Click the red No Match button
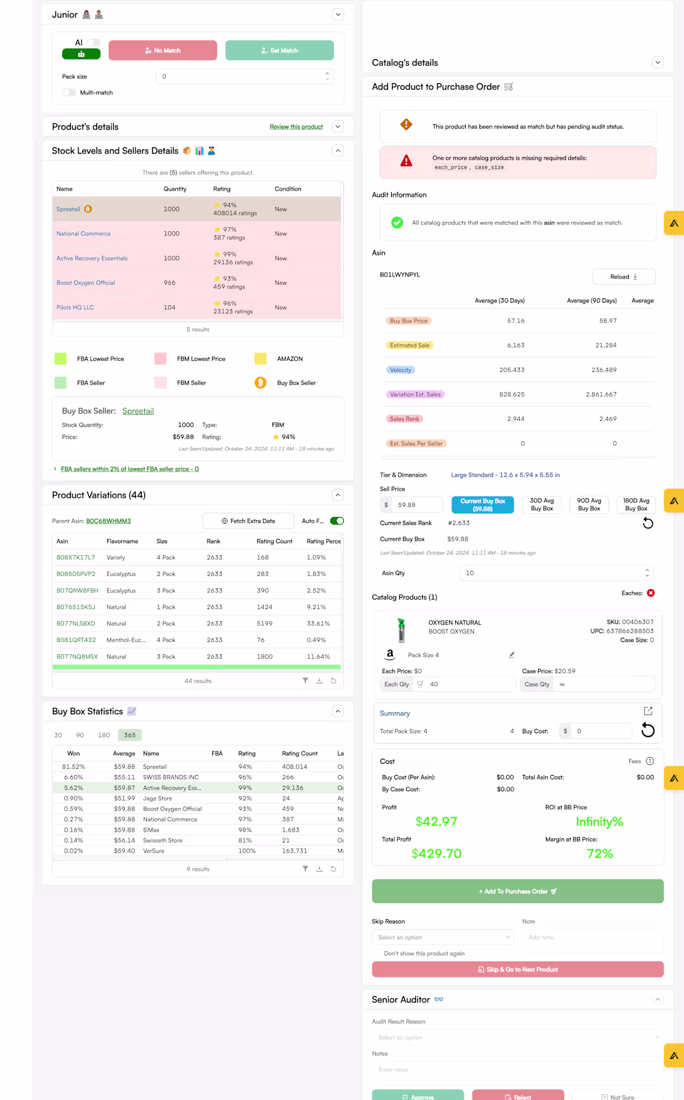[x=162, y=50]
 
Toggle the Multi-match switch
[x=69, y=93]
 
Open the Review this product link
[x=296, y=127]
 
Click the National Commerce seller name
[x=83, y=234]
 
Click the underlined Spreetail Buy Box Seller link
[x=137, y=411]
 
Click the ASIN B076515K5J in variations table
[x=75, y=607]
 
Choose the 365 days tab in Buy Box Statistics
[x=129, y=735]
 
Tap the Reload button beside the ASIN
[x=624, y=277]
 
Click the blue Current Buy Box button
[x=483, y=505]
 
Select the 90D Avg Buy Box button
[x=588, y=505]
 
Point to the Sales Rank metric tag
[x=404, y=419]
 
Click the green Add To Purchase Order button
[x=517, y=891]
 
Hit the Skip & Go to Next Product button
[x=517, y=969]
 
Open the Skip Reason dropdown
[x=443, y=937]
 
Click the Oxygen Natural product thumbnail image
[x=401, y=630]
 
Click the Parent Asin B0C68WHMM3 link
[x=108, y=521]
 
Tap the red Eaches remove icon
[x=651, y=593]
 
